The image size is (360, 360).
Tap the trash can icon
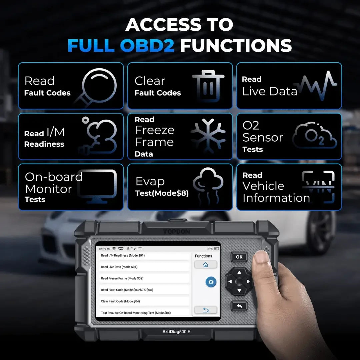coord(208,86)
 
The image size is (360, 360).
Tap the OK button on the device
coord(239,257)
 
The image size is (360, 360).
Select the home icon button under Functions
coord(205,265)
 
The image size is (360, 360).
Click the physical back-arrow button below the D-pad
coord(239,306)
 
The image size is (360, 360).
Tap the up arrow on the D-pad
coord(239,272)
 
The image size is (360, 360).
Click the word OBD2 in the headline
coord(147,45)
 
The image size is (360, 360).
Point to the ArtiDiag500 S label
coord(176,332)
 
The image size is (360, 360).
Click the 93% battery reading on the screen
coord(209,249)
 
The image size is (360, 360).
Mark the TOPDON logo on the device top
coord(176,232)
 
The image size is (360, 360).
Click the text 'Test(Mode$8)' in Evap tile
coord(162,193)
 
